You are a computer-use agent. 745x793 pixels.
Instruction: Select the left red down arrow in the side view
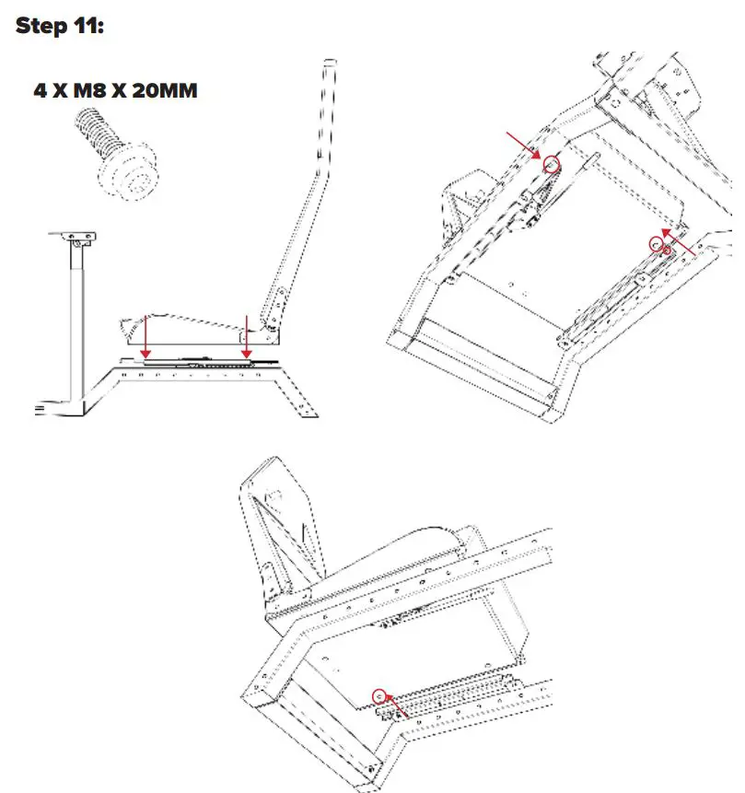(145, 335)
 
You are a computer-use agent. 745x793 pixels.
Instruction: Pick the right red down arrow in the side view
(246, 335)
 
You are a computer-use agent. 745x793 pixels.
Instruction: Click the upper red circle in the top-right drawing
(552, 165)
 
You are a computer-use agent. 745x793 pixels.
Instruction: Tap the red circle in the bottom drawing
(378, 694)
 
